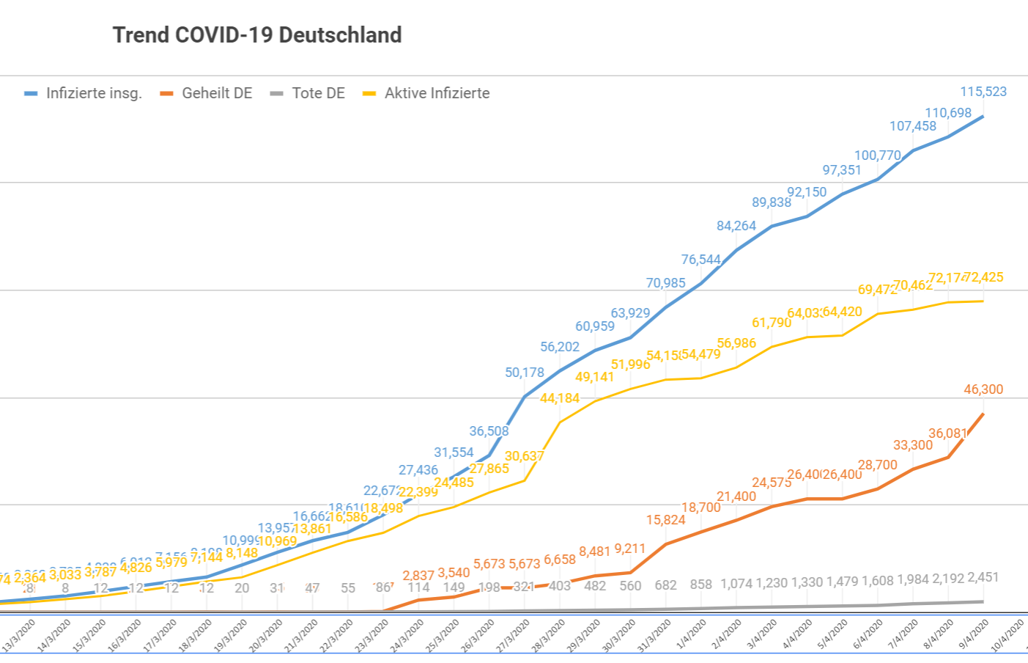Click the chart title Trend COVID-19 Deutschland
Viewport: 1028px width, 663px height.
pos(256,35)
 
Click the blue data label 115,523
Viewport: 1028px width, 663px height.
pos(983,92)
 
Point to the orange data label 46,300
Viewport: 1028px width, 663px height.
pos(983,389)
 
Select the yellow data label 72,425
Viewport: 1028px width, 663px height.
pos(984,277)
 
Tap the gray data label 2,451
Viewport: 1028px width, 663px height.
pos(983,577)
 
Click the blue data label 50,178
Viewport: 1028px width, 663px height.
pos(525,373)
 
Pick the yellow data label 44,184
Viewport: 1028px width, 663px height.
pos(560,398)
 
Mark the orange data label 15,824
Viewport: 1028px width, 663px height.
pos(665,520)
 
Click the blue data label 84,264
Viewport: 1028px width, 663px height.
pos(736,226)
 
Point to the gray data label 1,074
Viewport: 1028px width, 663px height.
pos(736,584)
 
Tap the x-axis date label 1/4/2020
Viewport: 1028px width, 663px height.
pos(691,634)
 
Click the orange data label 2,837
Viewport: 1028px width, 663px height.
pos(418,576)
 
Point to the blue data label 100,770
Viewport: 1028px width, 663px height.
pos(878,155)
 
